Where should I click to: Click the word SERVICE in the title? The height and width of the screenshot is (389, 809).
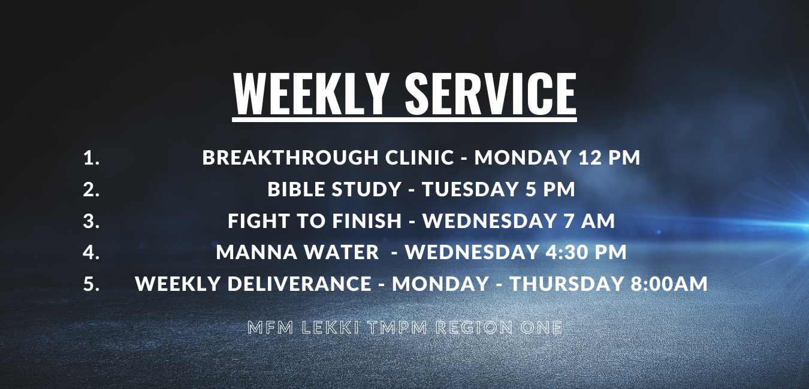point(490,93)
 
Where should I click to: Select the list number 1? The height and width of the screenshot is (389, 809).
point(91,157)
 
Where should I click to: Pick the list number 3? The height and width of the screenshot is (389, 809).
point(91,221)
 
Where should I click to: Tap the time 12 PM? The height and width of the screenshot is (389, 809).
point(609,157)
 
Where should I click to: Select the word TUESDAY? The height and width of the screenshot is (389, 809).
point(470,189)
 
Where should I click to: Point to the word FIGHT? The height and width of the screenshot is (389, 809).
point(254,221)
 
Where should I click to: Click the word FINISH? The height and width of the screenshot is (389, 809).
point(367,221)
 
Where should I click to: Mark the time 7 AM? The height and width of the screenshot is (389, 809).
point(591,221)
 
